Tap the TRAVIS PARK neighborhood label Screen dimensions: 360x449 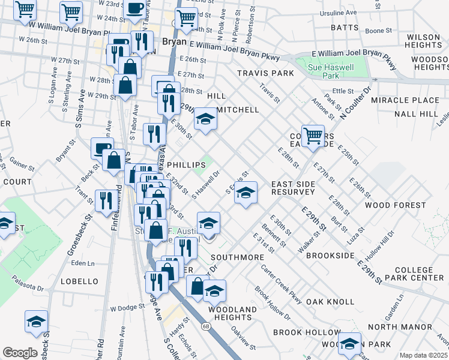[x=265, y=73]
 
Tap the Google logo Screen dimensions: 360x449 [x=20, y=353]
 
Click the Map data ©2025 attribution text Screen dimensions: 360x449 [x=423, y=355]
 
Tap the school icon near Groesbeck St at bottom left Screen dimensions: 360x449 [x=36, y=322]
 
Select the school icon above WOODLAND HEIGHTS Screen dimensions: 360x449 [x=214, y=291]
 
